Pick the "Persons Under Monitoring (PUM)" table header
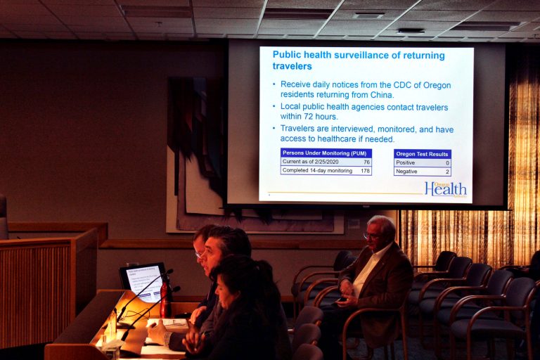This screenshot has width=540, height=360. tap(326, 153)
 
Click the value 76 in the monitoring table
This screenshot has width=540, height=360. tap(366, 162)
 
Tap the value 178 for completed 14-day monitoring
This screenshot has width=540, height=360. tap(365, 170)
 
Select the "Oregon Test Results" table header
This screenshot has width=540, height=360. tap(422, 154)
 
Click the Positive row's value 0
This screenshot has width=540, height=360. tap(446, 162)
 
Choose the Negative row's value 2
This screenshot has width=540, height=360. tap(446, 171)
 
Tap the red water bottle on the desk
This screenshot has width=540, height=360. tap(165, 298)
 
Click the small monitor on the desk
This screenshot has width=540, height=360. tap(143, 282)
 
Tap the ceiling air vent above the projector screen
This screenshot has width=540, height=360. tap(368, 14)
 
